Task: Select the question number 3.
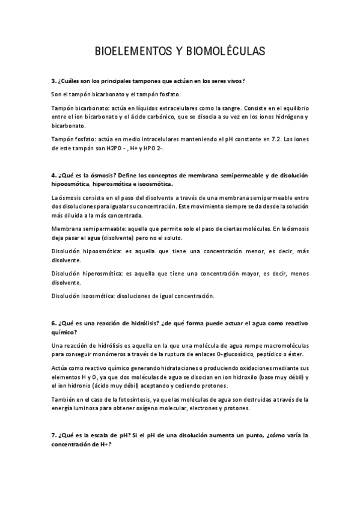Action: tap(53, 81)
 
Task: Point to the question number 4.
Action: tap(53, 176)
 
